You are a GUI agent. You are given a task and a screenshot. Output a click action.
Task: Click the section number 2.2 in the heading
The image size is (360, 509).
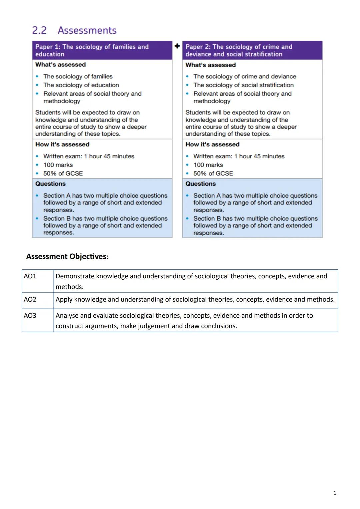click(39, 30)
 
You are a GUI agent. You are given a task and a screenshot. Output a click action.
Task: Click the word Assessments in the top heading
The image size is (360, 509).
click(87, 30)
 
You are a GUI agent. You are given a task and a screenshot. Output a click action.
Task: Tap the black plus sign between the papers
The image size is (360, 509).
click(177, 46)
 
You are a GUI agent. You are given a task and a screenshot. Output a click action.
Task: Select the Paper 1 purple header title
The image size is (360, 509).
click(92, 50)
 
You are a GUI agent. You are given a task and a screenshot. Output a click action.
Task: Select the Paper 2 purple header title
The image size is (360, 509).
click(239, 50)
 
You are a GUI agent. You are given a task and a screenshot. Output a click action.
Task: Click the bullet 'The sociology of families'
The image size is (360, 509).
click(78, 76)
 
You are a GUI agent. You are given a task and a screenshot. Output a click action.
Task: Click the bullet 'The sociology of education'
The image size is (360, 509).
click(81, 85)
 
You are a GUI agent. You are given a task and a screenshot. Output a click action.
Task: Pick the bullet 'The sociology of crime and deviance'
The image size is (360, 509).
click(244, 76)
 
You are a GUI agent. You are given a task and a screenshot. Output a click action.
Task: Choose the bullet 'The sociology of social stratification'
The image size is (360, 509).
click(243, 85)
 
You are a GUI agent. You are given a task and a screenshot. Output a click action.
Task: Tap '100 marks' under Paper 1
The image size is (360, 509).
click(58, 165)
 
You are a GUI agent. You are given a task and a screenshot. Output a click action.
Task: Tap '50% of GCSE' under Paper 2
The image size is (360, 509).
click(213, 173)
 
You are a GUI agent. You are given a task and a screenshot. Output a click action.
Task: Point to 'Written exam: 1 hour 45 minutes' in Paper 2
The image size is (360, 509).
click(239, 156)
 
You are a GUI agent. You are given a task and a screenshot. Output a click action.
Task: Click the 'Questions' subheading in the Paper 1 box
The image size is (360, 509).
click(50, 184)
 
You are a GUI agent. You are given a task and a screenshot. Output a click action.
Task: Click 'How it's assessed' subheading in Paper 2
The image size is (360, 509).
click(212, 144)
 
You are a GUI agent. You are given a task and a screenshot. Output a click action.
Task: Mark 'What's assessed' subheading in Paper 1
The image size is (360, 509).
click(60, 64)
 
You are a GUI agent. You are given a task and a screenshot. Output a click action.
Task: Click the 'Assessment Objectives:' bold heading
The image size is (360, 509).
click(67, 256)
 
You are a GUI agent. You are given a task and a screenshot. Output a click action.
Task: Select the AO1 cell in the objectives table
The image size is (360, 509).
click(30, 276)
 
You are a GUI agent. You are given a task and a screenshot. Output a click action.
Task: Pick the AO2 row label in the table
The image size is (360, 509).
click(30, 299)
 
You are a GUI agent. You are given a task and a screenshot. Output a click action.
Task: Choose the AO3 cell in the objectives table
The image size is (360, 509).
click(30, 315)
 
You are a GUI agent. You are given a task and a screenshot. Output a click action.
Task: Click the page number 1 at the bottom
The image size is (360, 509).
click(335, 493)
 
